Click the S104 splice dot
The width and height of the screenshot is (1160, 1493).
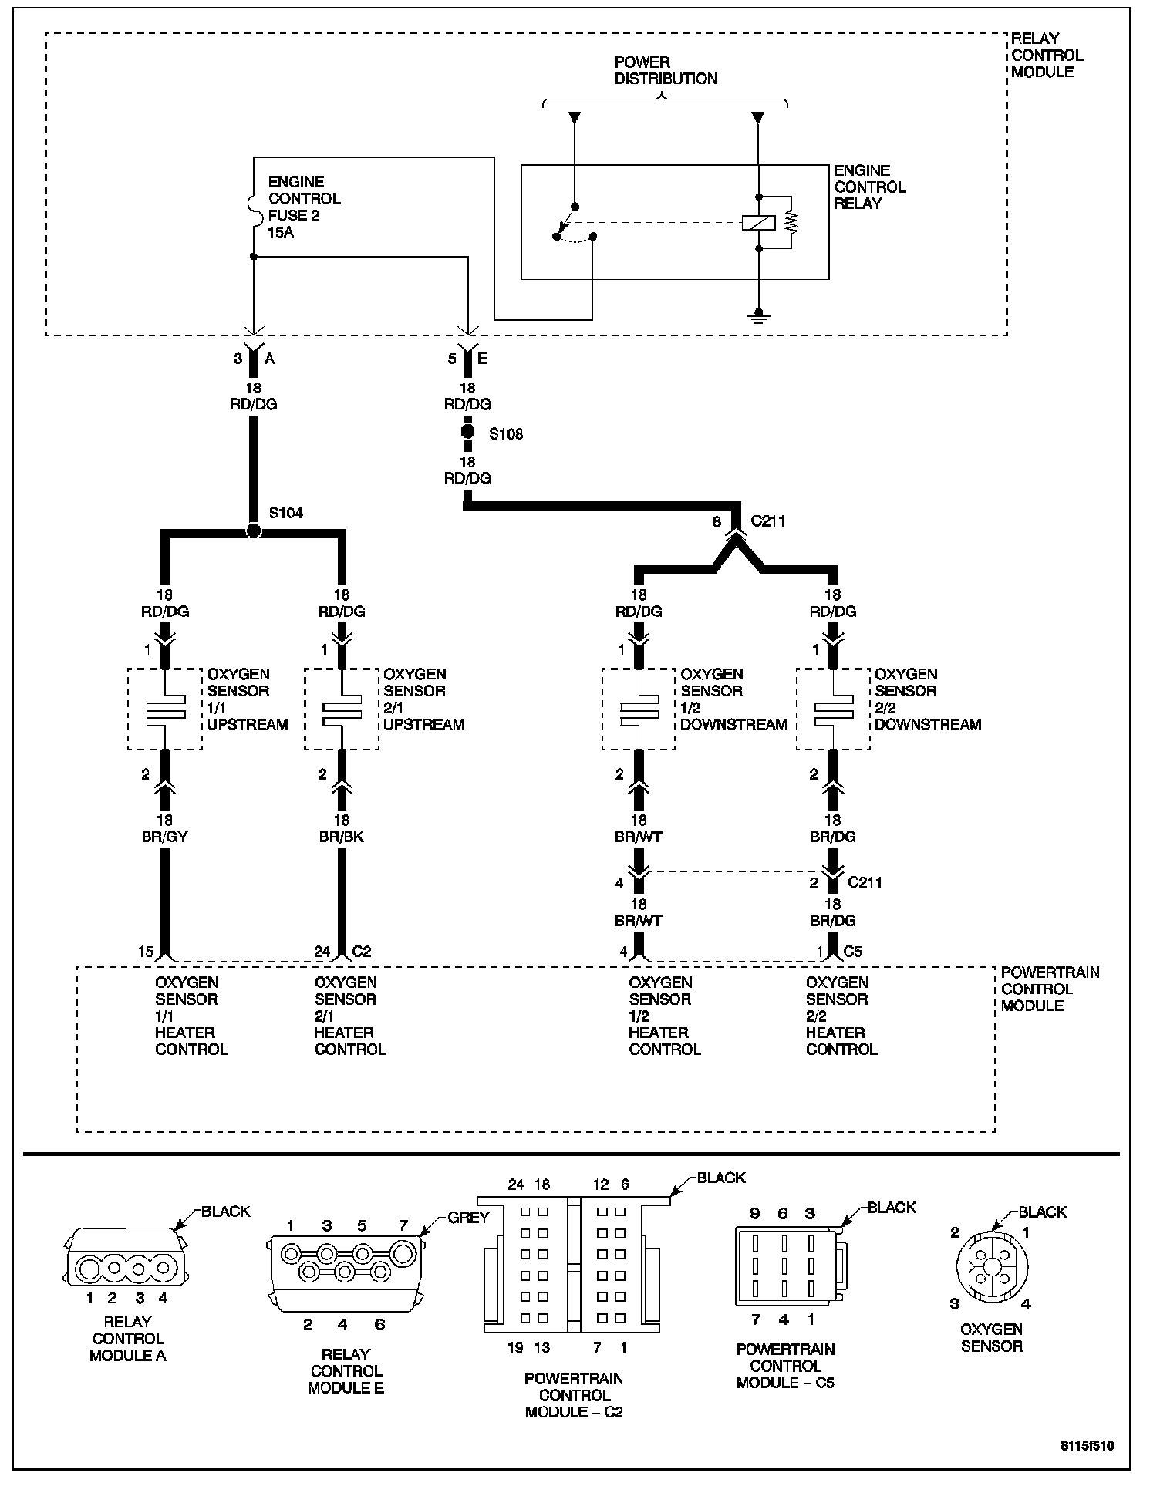253,531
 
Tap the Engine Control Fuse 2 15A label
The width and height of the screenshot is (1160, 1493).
304,207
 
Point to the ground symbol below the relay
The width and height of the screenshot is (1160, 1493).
759,316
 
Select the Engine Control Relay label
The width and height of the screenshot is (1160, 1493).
869,187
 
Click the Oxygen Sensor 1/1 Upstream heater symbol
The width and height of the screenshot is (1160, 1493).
165,710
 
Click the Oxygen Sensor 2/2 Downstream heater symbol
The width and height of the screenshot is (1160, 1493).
833,710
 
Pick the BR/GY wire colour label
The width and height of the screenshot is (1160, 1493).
165,837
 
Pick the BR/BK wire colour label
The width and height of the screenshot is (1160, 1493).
342,837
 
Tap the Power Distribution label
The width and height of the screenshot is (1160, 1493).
665,70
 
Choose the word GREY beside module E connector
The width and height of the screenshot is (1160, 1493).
468,1218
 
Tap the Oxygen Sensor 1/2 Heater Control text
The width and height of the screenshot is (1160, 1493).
664,1016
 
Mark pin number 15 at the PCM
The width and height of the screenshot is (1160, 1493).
146,952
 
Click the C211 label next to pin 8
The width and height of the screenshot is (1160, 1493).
767,521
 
